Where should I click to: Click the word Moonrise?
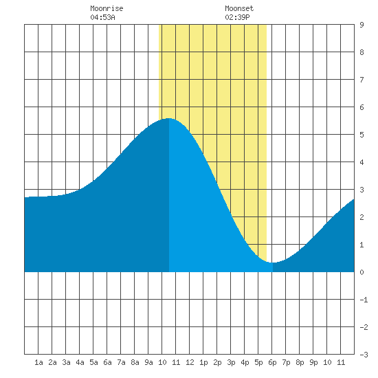click(x=107, y=8)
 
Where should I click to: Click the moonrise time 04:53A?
click(x=102, y=17)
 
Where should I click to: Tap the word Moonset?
click(x=239, y=8)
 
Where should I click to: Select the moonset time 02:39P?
click(x=237, y=17)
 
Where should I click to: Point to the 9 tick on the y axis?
click(x=362, y=25)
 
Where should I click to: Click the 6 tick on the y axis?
click(x=362, y=107)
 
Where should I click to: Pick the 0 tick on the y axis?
click(x=362, y=272)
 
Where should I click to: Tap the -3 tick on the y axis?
click(x=364, y=355)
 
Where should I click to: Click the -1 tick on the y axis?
click(x=364, y=300)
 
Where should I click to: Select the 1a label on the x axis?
click(x=38, y=362)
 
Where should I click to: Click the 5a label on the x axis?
click(x=93, y=362)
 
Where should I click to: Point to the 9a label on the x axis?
click(x=148, y=362)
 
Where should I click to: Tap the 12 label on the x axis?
click(x=190, y=362)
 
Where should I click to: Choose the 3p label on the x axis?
click(x=231, y=362)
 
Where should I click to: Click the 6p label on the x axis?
click(x=272, y=362)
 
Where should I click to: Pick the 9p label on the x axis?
click(x=313, y=362)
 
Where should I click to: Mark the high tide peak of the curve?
click(x=169, y=118)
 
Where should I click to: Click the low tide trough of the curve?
click(x=273, y=263)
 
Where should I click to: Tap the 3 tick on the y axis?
click(x=362, y=190)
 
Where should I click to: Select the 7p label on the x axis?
click(x=286, y=362)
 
